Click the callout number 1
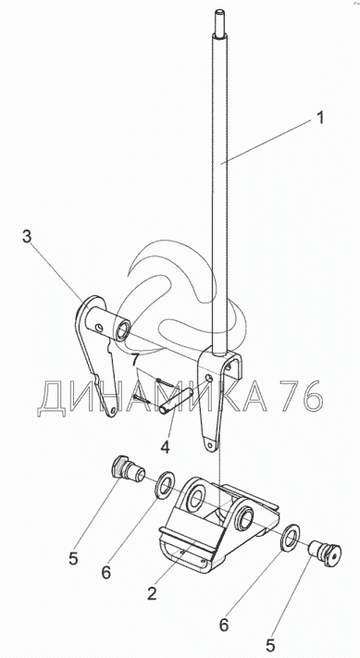(320, 118)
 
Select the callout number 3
(27, 237)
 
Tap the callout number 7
(134, 360)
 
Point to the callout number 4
(165, 447)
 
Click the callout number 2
(152, 593)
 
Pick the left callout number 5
(73, 559)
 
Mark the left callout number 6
(106, 572)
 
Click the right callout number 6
(224, 625)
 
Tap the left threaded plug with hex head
(129, 470)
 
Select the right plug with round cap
(325, 552)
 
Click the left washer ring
(167, 485)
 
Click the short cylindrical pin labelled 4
(176, 401)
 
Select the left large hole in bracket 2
(195, 497)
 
